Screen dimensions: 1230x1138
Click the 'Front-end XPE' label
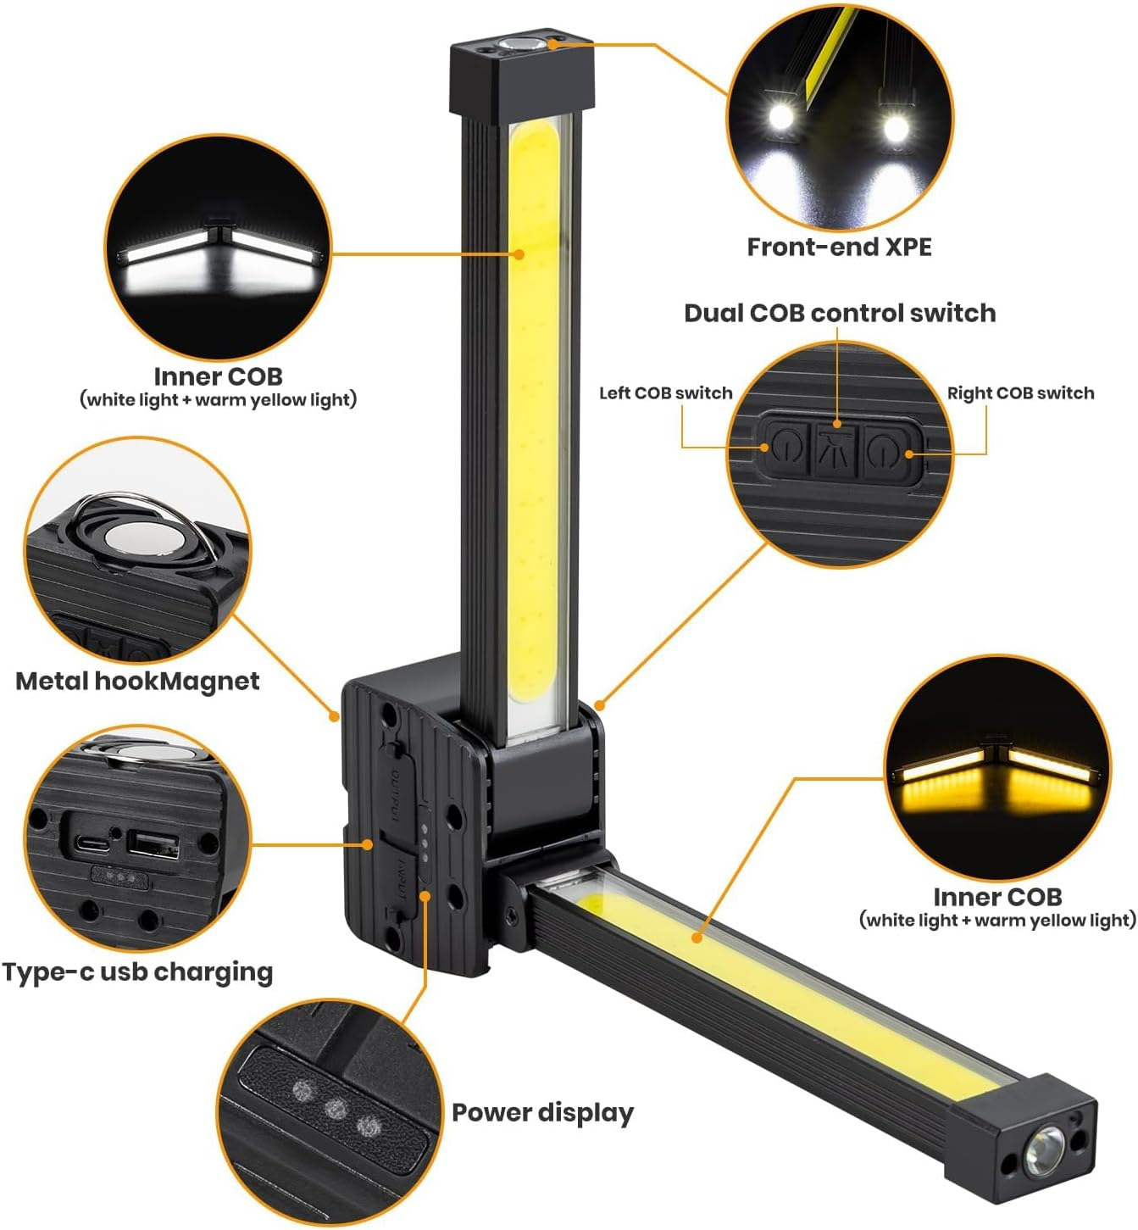click(x=838, y=247)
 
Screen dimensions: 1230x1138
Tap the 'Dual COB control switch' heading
click(x=840, y=313)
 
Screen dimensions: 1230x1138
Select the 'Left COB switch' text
click(x=665, y=393)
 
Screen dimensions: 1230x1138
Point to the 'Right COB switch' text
click(x=1020, y=393)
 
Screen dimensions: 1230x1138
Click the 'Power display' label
click(x=542, y=1113)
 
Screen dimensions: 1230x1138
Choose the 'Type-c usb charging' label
click(x=137, y=971)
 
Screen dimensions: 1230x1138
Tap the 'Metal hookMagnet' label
click(x=137, y=681)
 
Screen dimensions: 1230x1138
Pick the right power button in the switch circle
click(x=881, y=448)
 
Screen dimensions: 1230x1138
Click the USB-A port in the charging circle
click(x=153, y=845)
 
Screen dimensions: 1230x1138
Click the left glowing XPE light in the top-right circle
click(x=779, y=120)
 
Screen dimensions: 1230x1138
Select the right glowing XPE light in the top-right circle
click(x=895, y=127)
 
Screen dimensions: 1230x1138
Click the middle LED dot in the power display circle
click(x=336, y=1106)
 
